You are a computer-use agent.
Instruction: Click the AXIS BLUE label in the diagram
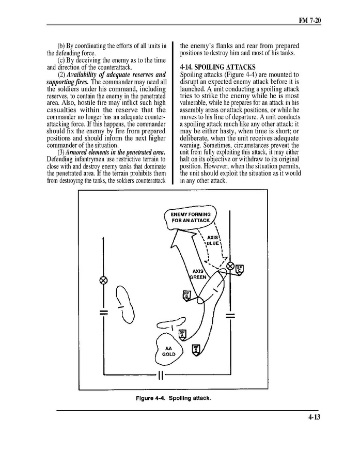click(x=213, y=240)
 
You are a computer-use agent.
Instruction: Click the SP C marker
click(x=240, y=269)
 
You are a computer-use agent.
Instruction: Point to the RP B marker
click(x=187, y=295)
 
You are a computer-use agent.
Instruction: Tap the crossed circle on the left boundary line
click(x=103, y=281)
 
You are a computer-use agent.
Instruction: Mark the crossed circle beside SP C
click(x=230, y=267)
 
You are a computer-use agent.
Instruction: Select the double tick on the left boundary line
click(x=103, y=313)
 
